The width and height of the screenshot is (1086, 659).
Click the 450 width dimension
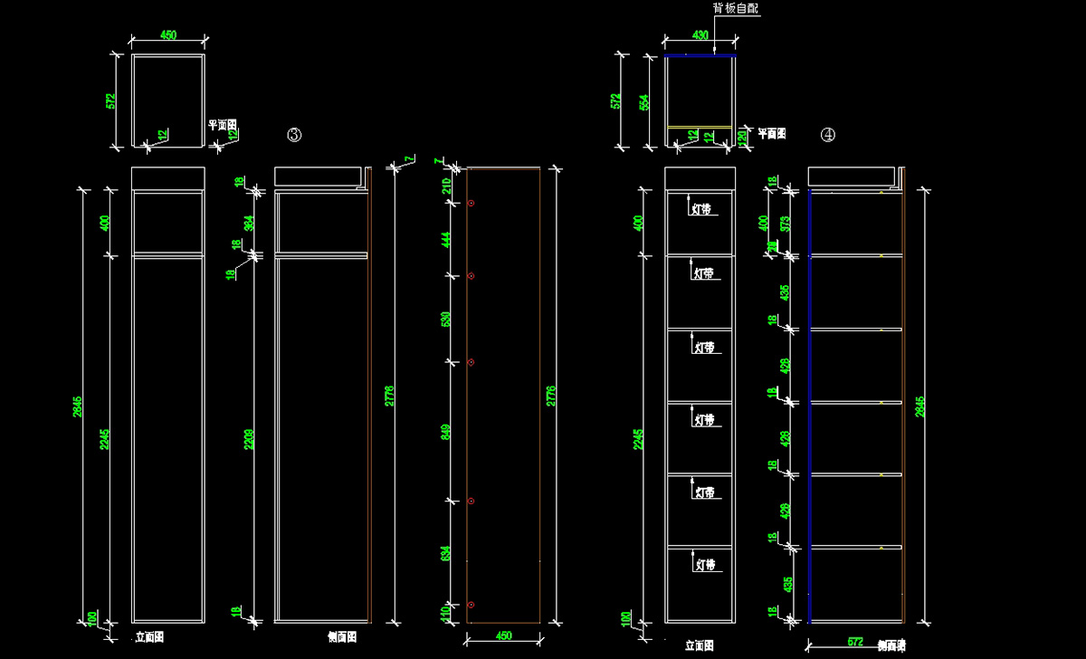point(168,35)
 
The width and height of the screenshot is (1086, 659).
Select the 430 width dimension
point(700,35)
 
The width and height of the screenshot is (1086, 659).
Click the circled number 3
point(294,135)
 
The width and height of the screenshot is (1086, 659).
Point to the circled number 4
point(827,135)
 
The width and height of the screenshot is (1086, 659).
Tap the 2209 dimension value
point(249,440)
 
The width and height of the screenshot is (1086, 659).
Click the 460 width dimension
point(504,636)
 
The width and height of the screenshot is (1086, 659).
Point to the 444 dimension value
point(445,239)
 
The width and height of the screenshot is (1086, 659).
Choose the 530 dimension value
point(445,319)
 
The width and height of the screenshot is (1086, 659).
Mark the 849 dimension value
point(445,432)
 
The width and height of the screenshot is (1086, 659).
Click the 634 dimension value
point(445,552)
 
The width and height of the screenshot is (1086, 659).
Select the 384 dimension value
point(249,223)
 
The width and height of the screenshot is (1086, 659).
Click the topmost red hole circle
point(471,204)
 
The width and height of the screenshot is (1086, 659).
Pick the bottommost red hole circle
point(471,604)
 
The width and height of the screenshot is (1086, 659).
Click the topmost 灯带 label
point(700,209)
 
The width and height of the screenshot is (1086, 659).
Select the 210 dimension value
point(445,186)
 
